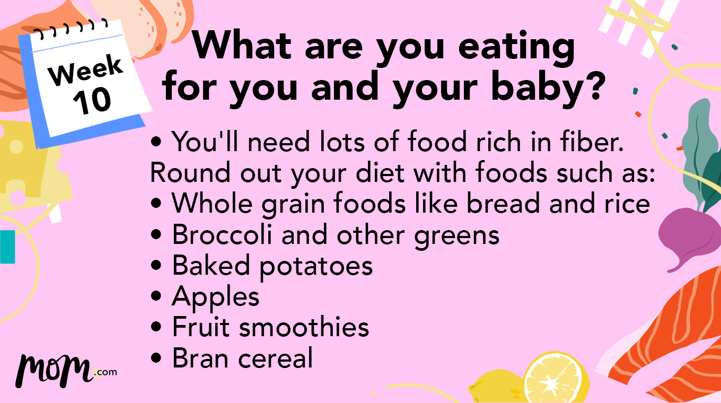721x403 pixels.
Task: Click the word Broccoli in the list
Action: [x=223, y=235]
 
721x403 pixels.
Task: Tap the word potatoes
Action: [x=316, y=266]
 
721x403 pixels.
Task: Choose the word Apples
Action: [x=215, y=297]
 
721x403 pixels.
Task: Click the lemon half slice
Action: [x=556, y=378]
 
